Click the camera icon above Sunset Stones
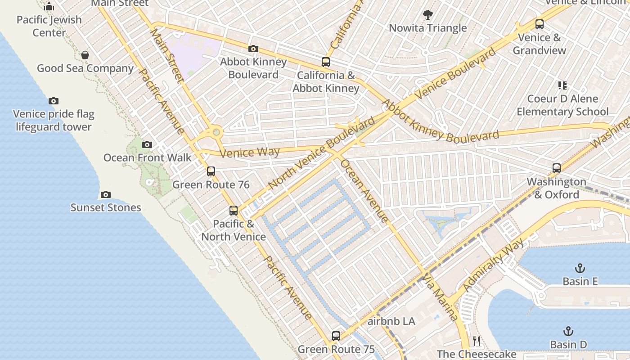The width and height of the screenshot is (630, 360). tap(106, 194)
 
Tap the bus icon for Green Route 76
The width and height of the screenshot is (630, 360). tap(211, 171)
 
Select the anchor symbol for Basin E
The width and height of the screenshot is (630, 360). tap(580, 268)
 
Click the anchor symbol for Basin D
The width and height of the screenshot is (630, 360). tap(568, 332)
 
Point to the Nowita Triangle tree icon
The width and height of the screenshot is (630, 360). tap(428, 15)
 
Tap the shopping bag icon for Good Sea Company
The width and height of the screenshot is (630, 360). tap(85, 55)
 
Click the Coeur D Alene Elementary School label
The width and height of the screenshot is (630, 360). tap(562, 105)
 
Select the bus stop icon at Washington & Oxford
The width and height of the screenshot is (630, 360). tap(557, 168)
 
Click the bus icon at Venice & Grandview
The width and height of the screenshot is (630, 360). tap(539, 24)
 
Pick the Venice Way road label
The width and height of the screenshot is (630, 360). tap(250, 153)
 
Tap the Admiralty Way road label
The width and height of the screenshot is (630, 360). tap(493, 265)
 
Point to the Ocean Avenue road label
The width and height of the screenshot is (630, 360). tap(364, 191)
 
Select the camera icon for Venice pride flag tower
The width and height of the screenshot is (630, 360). tap(54, 101)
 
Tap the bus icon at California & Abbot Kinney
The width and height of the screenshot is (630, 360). tap(325, 62)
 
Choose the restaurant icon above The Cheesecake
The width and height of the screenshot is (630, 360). tap(477, 341)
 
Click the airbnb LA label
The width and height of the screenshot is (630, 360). tap(391, 322)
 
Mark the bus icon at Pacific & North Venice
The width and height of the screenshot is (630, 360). tap(233, 210)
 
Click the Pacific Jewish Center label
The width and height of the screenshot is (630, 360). tap(49, 26)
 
